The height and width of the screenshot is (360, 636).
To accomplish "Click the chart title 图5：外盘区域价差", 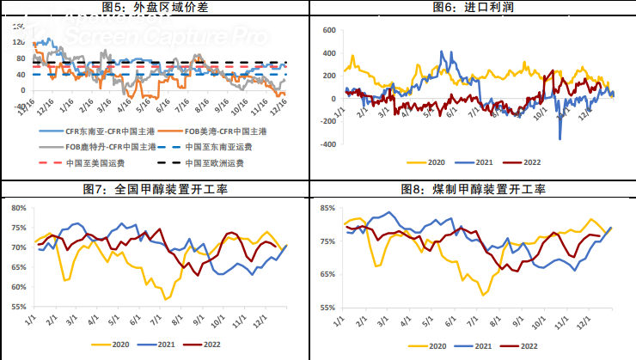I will [x=155, y=8].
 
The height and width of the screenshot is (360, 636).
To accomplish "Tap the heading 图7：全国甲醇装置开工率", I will [x=155, y=189].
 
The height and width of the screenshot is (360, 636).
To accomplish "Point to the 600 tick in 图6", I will [x=327, y=29].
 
